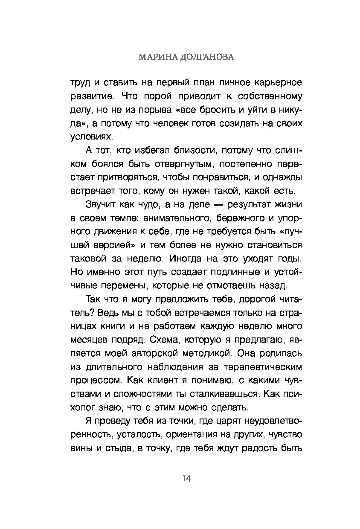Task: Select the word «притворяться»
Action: (x=125, y=177)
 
